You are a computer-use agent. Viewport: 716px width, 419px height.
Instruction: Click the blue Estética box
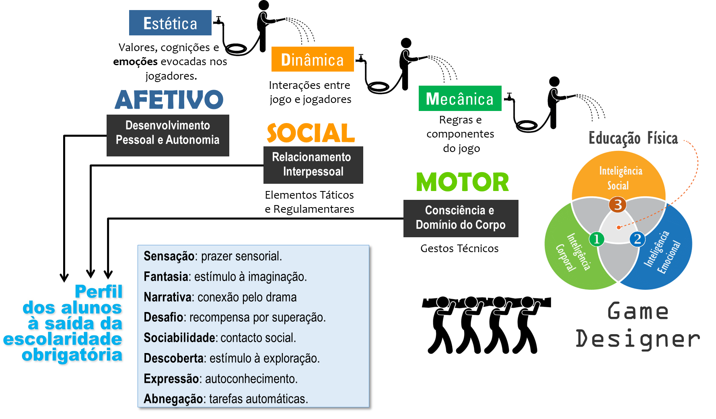(170, 23)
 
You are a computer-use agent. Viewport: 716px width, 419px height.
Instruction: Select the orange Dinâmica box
(312, 60)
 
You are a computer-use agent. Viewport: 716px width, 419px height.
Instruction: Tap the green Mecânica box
(460, 99)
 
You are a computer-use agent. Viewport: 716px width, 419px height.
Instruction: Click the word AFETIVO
(169, 100)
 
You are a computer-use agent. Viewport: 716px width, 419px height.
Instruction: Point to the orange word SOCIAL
(311, 133)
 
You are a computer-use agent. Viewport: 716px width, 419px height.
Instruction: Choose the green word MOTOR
(462, 182)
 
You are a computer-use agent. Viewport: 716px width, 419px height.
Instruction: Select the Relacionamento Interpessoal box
(313, 164)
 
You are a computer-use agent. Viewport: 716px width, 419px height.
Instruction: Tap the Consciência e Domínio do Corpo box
(461, 218)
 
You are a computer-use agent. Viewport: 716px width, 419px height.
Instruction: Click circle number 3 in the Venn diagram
(617, 205)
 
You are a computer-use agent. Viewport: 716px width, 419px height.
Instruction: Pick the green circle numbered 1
(597, 239)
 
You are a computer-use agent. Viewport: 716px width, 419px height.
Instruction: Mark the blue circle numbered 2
(637, 239)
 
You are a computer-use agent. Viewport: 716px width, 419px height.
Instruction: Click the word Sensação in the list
(169, 256)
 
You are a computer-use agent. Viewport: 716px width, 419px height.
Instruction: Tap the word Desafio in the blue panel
(163, 317)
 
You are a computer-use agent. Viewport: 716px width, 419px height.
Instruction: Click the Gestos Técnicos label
(459, 249)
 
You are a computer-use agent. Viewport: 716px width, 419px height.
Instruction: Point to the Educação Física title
(633, 138)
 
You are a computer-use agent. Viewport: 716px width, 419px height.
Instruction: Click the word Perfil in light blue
(99, 292)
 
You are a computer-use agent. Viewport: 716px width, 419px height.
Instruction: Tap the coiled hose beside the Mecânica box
(527, 126)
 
